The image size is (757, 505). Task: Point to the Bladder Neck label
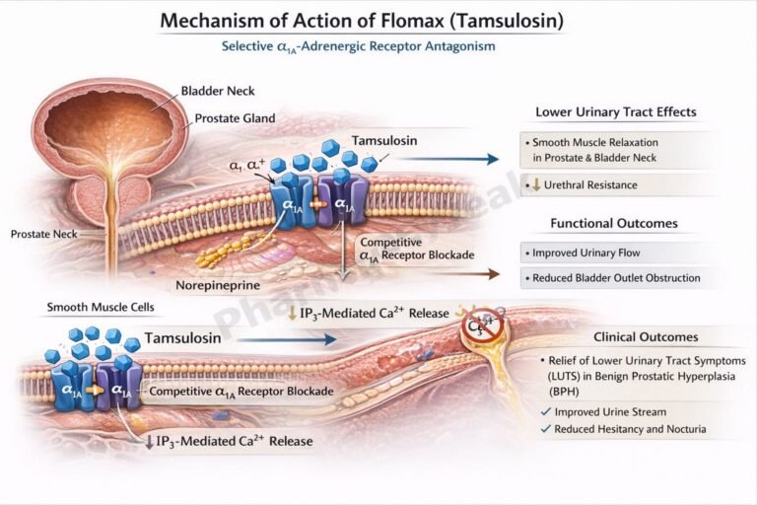[217, 92]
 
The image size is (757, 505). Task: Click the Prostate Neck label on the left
[44, 234]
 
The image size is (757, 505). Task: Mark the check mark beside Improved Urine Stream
[545, 411]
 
